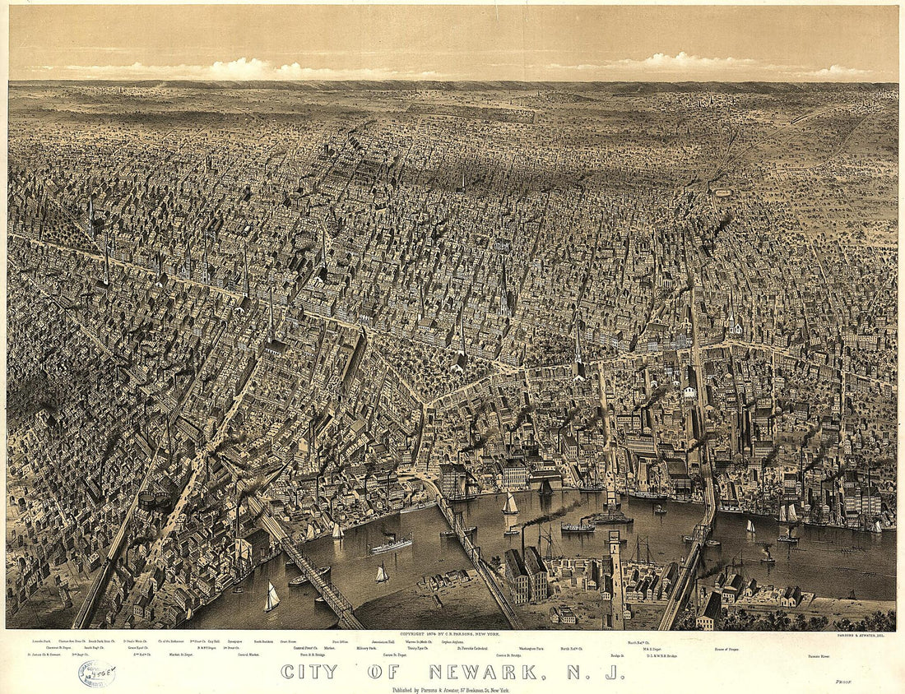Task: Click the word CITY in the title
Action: [x=309, y=672]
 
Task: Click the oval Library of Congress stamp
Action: [x=96, y=673]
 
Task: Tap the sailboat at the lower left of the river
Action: [x=271, y=598]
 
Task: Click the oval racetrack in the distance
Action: [x=724, y=192]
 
